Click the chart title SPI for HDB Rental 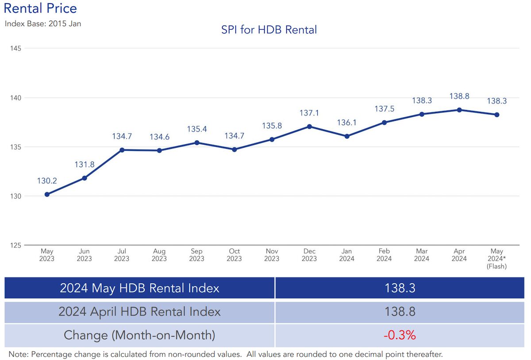[x=269, y=30]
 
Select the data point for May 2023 [x=47, y=194]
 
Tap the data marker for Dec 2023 [x=309, y=126]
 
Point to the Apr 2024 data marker [x=459, y=110]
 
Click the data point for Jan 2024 [x=347, y=136]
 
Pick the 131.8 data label [x=85, y=165]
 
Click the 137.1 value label [x=309, y=113]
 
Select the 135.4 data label [x=197, y=129]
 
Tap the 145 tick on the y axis [x=16, y=48]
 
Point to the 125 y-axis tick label [x=16, y=245]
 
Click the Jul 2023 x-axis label [x=122, y=255]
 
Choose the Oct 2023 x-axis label [x=235, y=255]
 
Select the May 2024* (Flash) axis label [x=496, y=259]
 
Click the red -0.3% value [x=400, y=335]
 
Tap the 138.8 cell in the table [x=400, y=312]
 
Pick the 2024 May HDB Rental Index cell [x=139, y=288]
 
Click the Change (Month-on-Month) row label [x=139, y=335]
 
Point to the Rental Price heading [x=40, y=8]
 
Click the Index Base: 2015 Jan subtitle [x=43, y=23]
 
